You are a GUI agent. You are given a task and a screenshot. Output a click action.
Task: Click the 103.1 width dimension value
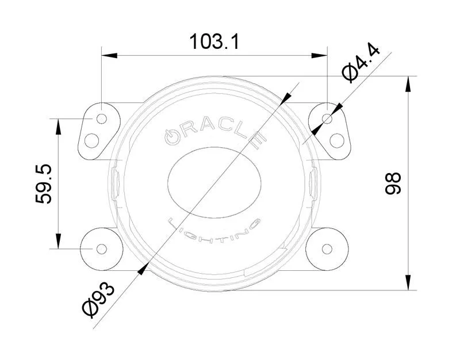pos(214,41)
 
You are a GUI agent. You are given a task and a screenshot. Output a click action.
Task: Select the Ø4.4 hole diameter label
pos(361,64)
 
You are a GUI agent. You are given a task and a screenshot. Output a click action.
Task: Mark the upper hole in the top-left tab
pos(102,118)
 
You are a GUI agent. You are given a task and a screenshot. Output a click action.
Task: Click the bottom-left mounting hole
pos(101,248)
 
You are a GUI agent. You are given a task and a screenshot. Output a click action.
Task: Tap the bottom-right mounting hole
pos(327,248)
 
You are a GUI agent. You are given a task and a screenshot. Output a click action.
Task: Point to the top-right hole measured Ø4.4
pos(327,118)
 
